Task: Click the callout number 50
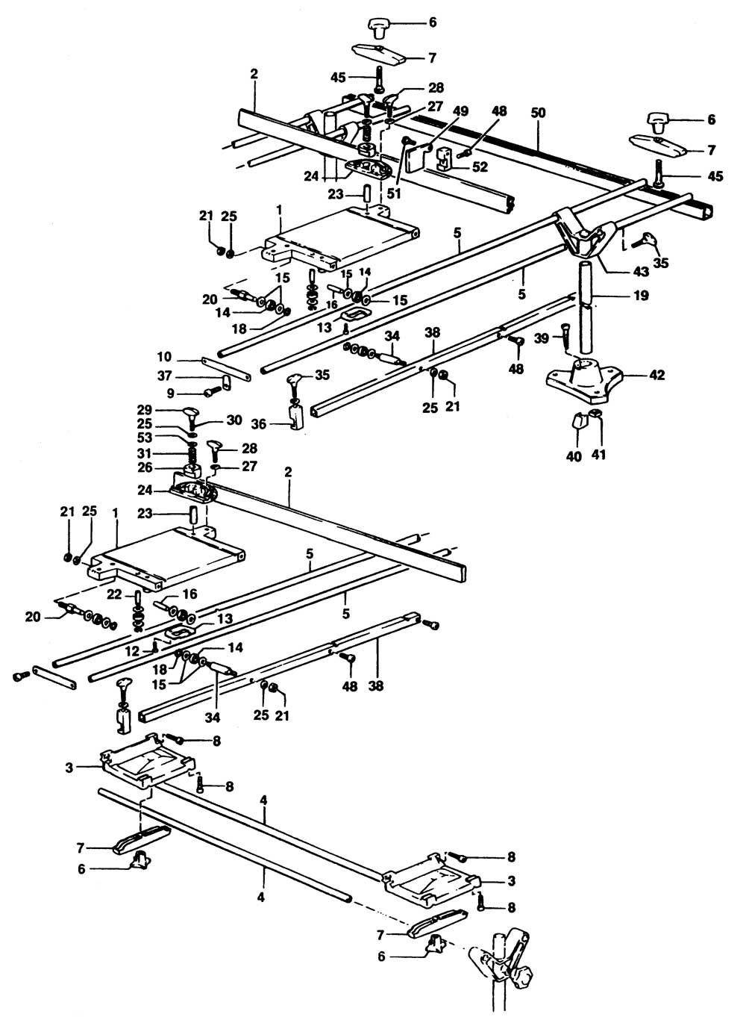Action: point(538,113)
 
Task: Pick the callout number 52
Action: point(480,167)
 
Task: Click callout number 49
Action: point(460,111)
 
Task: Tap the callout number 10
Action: point(164,356)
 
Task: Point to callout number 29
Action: point(164,411)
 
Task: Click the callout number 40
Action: point(574,456)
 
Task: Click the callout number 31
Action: point(164,454)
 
